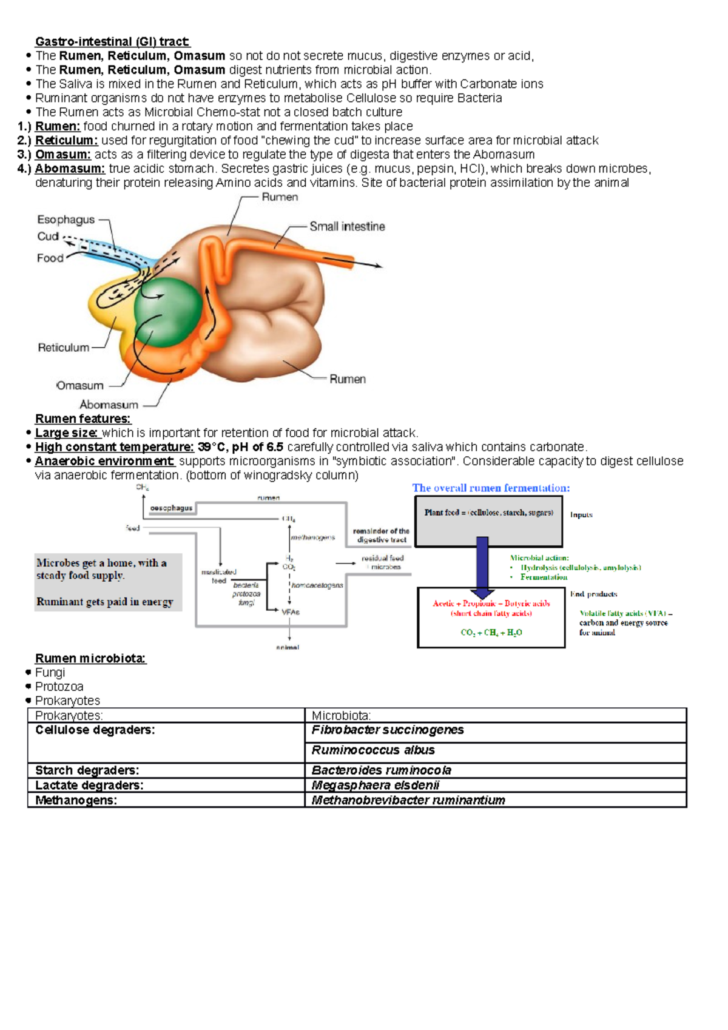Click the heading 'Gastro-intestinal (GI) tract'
click(x=112, y=42)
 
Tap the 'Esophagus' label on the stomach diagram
click(x=66, y=220)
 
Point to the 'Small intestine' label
click(x=347, y=227)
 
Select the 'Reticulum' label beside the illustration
click(x=63, y=348)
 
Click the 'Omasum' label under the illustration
click(x=79, y=386)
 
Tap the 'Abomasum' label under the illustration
click(x=109, y=405)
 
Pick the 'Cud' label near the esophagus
click(x=48, y=237)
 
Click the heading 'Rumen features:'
click(x=83, y=419)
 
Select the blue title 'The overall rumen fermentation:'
click(x=491, y=488)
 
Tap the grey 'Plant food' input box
click(x=488, y=521)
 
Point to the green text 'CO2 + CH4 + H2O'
click(x=491, y=633)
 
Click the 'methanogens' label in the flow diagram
click(x=313, y=537)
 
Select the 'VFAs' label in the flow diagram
click(x=291, y=612)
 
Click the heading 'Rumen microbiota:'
click(x=90, y=659)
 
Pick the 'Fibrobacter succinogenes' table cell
click(x=388, y=730)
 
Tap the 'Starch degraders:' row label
click(x=87, y=770)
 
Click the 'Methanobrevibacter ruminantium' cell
click(x=408, y=800)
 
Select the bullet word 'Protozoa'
click(x=59, y=687)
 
